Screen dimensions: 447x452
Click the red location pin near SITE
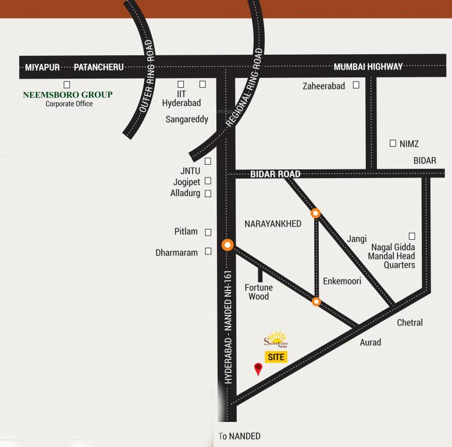(258, 368)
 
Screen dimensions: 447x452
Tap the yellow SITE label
(276, 357)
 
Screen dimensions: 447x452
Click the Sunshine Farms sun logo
(276, 339)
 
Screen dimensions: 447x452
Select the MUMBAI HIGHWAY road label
(368, 67)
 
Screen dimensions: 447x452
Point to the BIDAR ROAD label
(275, 174)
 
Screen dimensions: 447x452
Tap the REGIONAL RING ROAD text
(244, 87)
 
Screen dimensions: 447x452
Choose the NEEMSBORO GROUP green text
(67, 94)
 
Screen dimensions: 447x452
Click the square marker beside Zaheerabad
(355, 85)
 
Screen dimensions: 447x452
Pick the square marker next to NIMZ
(393, 143)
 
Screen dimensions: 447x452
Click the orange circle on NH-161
(227, 245)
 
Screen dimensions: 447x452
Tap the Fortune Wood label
(258, 292)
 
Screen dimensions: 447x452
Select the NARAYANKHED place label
(273, 223)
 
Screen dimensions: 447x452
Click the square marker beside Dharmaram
(208, 252)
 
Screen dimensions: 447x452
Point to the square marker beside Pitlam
(208, 232)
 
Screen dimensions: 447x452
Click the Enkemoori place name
(342, 281)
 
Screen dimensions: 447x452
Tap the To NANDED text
(239, 436)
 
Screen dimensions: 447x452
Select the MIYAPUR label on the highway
(42, 67)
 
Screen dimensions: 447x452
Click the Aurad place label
(370, 342)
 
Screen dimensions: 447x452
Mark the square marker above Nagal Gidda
(412, 236)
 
